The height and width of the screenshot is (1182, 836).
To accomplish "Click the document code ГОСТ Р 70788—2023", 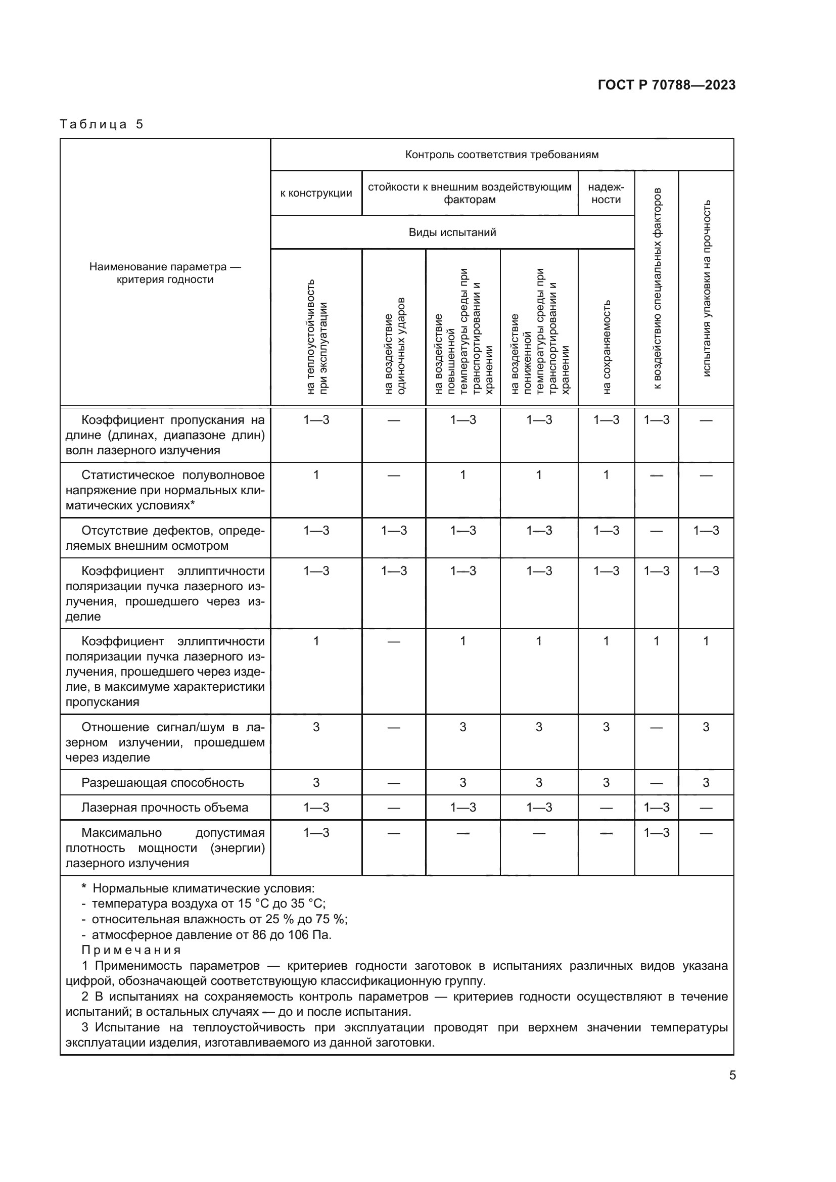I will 666,85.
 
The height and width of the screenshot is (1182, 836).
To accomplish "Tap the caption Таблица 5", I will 102,124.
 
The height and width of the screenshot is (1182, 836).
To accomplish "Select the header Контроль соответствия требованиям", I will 501,155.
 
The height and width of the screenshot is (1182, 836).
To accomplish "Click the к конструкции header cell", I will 316,193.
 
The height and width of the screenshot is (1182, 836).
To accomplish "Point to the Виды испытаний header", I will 452,232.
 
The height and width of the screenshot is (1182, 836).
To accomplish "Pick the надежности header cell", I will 606,193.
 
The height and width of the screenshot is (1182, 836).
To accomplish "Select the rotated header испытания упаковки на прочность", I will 706,288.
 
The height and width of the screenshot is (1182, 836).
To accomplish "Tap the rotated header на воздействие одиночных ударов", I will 394,347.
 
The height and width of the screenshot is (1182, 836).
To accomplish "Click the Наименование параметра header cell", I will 165,273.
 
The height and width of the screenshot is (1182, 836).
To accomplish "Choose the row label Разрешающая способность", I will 162,782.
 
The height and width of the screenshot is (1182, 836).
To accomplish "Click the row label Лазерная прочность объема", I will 165,807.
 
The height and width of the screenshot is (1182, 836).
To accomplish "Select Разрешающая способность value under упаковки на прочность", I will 706,782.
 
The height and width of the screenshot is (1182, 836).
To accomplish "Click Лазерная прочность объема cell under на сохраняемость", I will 606,808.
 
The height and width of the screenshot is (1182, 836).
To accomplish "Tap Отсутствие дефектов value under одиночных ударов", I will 394,531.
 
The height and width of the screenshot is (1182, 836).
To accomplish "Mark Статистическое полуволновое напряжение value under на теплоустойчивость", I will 316,475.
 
